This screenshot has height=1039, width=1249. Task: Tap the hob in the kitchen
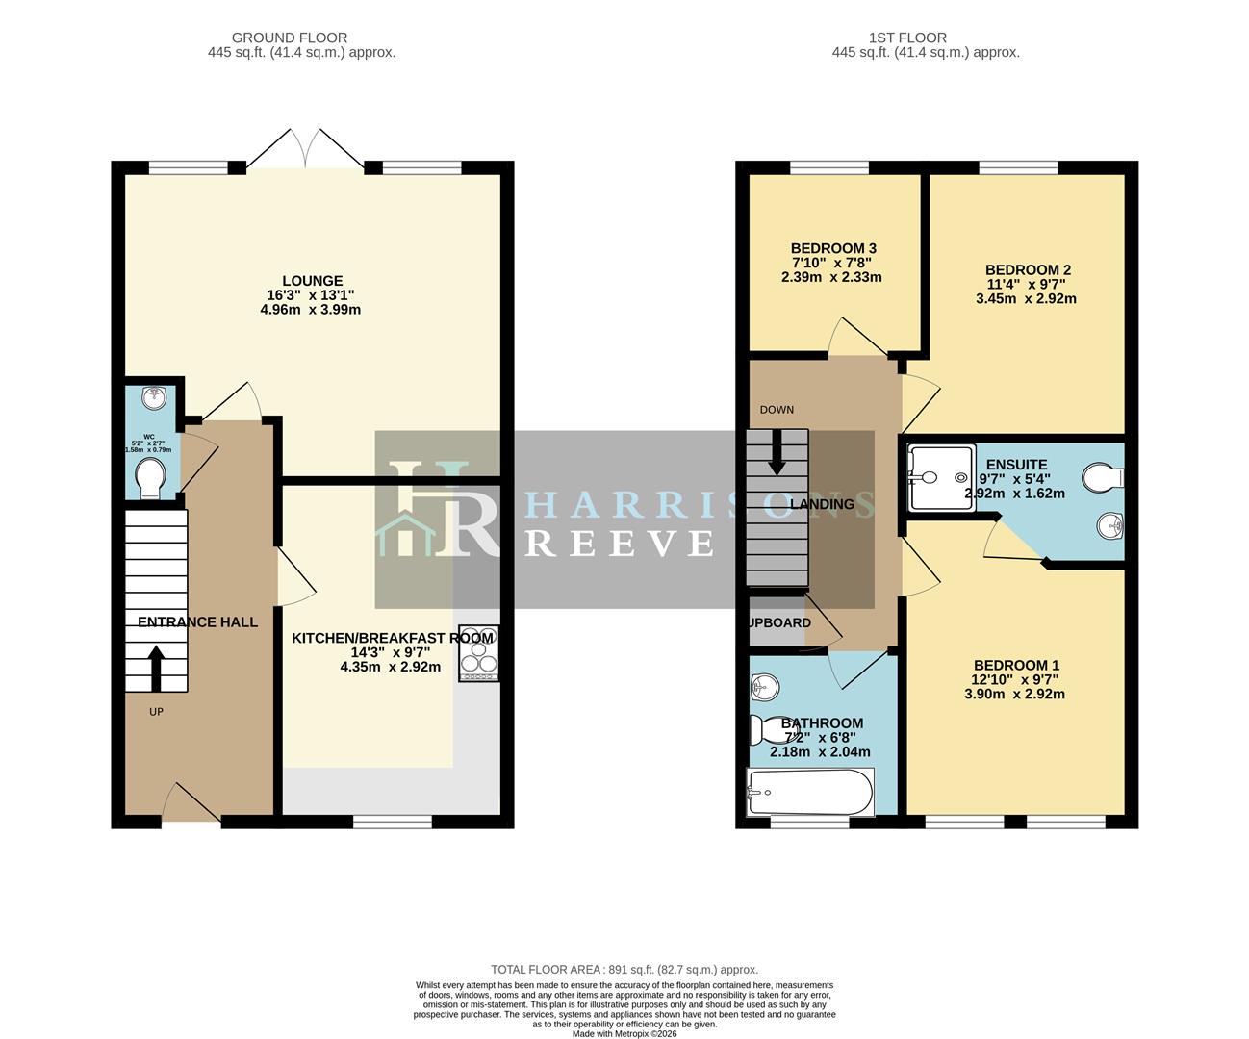click(479, 654)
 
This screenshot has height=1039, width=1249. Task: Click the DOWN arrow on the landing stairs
click(777, 452)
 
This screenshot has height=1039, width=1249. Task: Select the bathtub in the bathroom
click(810, 792)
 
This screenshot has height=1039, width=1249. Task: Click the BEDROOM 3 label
click(832, 248)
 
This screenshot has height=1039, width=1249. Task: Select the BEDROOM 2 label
click(1027, 270)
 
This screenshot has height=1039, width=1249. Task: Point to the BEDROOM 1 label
click(1015, 665)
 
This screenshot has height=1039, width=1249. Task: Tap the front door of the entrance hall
click(191, 803)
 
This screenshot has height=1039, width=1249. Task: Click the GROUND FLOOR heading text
click(276, 38)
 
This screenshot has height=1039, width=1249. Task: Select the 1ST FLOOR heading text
click(894, 38)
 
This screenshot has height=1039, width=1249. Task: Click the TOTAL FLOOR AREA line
click(624, 970)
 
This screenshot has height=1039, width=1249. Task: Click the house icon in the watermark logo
click(404, 535)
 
